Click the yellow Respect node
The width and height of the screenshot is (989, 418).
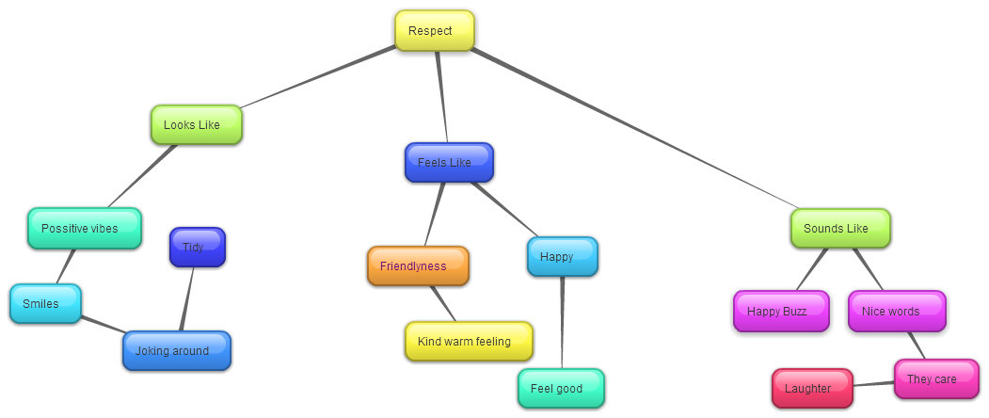point(434,31)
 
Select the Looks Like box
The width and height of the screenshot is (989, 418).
point(197,124)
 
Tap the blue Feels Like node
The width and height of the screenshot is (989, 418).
point(449,162)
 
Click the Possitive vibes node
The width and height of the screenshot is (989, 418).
point(85,228)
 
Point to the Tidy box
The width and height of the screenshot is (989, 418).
point(197,247)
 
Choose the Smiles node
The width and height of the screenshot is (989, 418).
point(45,303)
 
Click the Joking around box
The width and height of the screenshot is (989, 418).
point(176,350)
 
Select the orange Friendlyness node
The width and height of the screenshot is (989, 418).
point(418,265)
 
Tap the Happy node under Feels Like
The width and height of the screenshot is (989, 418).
point(562,256)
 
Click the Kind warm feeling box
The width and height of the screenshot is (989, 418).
point(469,341)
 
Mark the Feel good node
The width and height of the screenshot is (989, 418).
point(561,388)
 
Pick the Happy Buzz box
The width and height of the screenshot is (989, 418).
point(781,311)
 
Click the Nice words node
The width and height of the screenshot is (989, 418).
point(896,311)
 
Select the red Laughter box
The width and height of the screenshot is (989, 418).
point(812,388)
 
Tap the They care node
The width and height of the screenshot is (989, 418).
point(935,378)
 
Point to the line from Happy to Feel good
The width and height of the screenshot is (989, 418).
point(563,320)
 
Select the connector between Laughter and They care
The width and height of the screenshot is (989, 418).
point(873,383)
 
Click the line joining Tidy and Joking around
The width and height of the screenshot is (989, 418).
point(186,299)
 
